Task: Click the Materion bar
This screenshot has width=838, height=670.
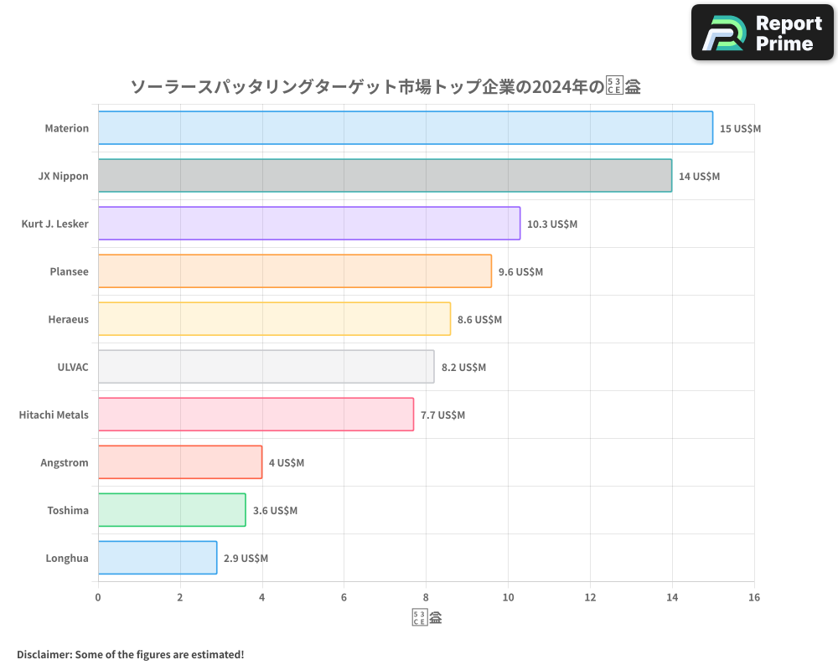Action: [x=405, y=128]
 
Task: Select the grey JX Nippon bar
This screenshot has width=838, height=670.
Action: [x=385, y=176]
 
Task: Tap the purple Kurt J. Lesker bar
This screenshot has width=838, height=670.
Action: [x=308, y=224]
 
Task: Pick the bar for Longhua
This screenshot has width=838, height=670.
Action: [x=157, y=558]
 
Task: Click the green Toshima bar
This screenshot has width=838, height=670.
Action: [x=171, y=510]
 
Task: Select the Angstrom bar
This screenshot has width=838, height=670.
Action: [x=179, y=462]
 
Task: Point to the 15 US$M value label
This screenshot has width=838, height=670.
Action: [x=740, y=128]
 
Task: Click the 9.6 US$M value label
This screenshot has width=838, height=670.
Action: [x=520, y=271]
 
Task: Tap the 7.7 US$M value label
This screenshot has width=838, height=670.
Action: [x=442, y=415]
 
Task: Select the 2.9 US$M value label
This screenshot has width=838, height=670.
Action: [x=246, y=558]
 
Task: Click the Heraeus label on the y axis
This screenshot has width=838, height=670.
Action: [x=69, y=319]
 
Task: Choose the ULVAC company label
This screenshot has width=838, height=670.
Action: [x=73, y=367]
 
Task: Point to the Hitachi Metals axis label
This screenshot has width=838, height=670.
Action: [x=54, y=415]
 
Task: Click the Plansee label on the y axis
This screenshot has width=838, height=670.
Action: [x=70, y=271]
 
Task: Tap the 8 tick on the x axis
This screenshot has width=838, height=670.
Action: [x=426, y=597]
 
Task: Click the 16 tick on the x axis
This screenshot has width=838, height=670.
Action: [x=753, y=597]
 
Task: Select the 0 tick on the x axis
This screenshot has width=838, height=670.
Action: [x=98, y=597]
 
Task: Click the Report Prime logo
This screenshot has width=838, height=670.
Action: [x=762, y=33]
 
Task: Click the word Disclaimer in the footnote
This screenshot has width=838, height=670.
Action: [x=43, y=654]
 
